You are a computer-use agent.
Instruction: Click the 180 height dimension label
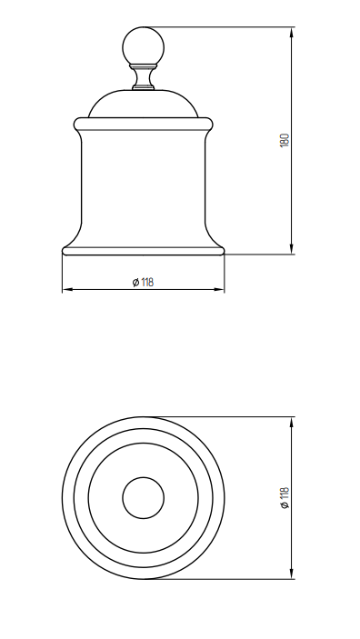pos(285,140)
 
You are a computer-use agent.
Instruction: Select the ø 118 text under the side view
pos(143,282)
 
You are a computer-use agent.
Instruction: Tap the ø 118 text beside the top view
pos(285,497)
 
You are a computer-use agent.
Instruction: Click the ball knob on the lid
pos(143,46)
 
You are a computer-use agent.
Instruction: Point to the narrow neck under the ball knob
pos(143,77)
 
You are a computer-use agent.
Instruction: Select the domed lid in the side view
pos(143,104)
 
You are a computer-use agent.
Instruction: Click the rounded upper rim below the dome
pos(143,124)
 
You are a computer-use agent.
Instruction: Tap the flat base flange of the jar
pos(143,251)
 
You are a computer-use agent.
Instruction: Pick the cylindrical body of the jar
pos(143,188)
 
